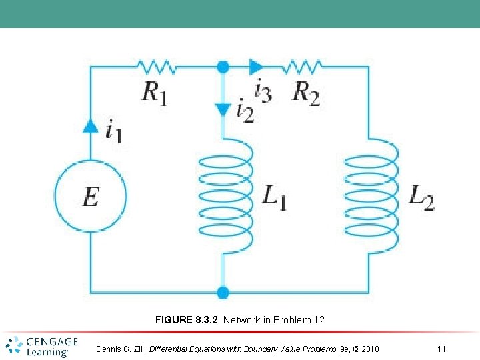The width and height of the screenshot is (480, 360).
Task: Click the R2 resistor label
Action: click(x=306, y=93)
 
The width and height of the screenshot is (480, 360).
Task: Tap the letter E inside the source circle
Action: click(x=91, y=197)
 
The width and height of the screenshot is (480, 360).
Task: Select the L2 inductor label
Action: click(x=421, y=197)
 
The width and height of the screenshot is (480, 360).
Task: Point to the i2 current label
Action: click(x=245, y=110)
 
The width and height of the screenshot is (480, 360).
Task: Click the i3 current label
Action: click(x=263, y=89)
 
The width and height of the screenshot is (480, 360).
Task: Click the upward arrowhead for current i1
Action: click(x=91, y=125)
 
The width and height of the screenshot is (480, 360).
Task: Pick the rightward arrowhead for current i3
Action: click(x=255, y=66)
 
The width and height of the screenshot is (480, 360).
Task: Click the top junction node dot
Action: click(x=223, y=66)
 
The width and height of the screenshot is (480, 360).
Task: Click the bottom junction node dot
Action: click(x=223, y=292)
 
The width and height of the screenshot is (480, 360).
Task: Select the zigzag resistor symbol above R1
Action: click(x=157, y=66)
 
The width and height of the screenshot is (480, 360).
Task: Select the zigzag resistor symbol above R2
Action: click(x=303, y=66)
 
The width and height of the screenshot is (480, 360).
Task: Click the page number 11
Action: click(x=441, y=349)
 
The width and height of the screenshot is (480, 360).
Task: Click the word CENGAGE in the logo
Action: click(x=52, y=342)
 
